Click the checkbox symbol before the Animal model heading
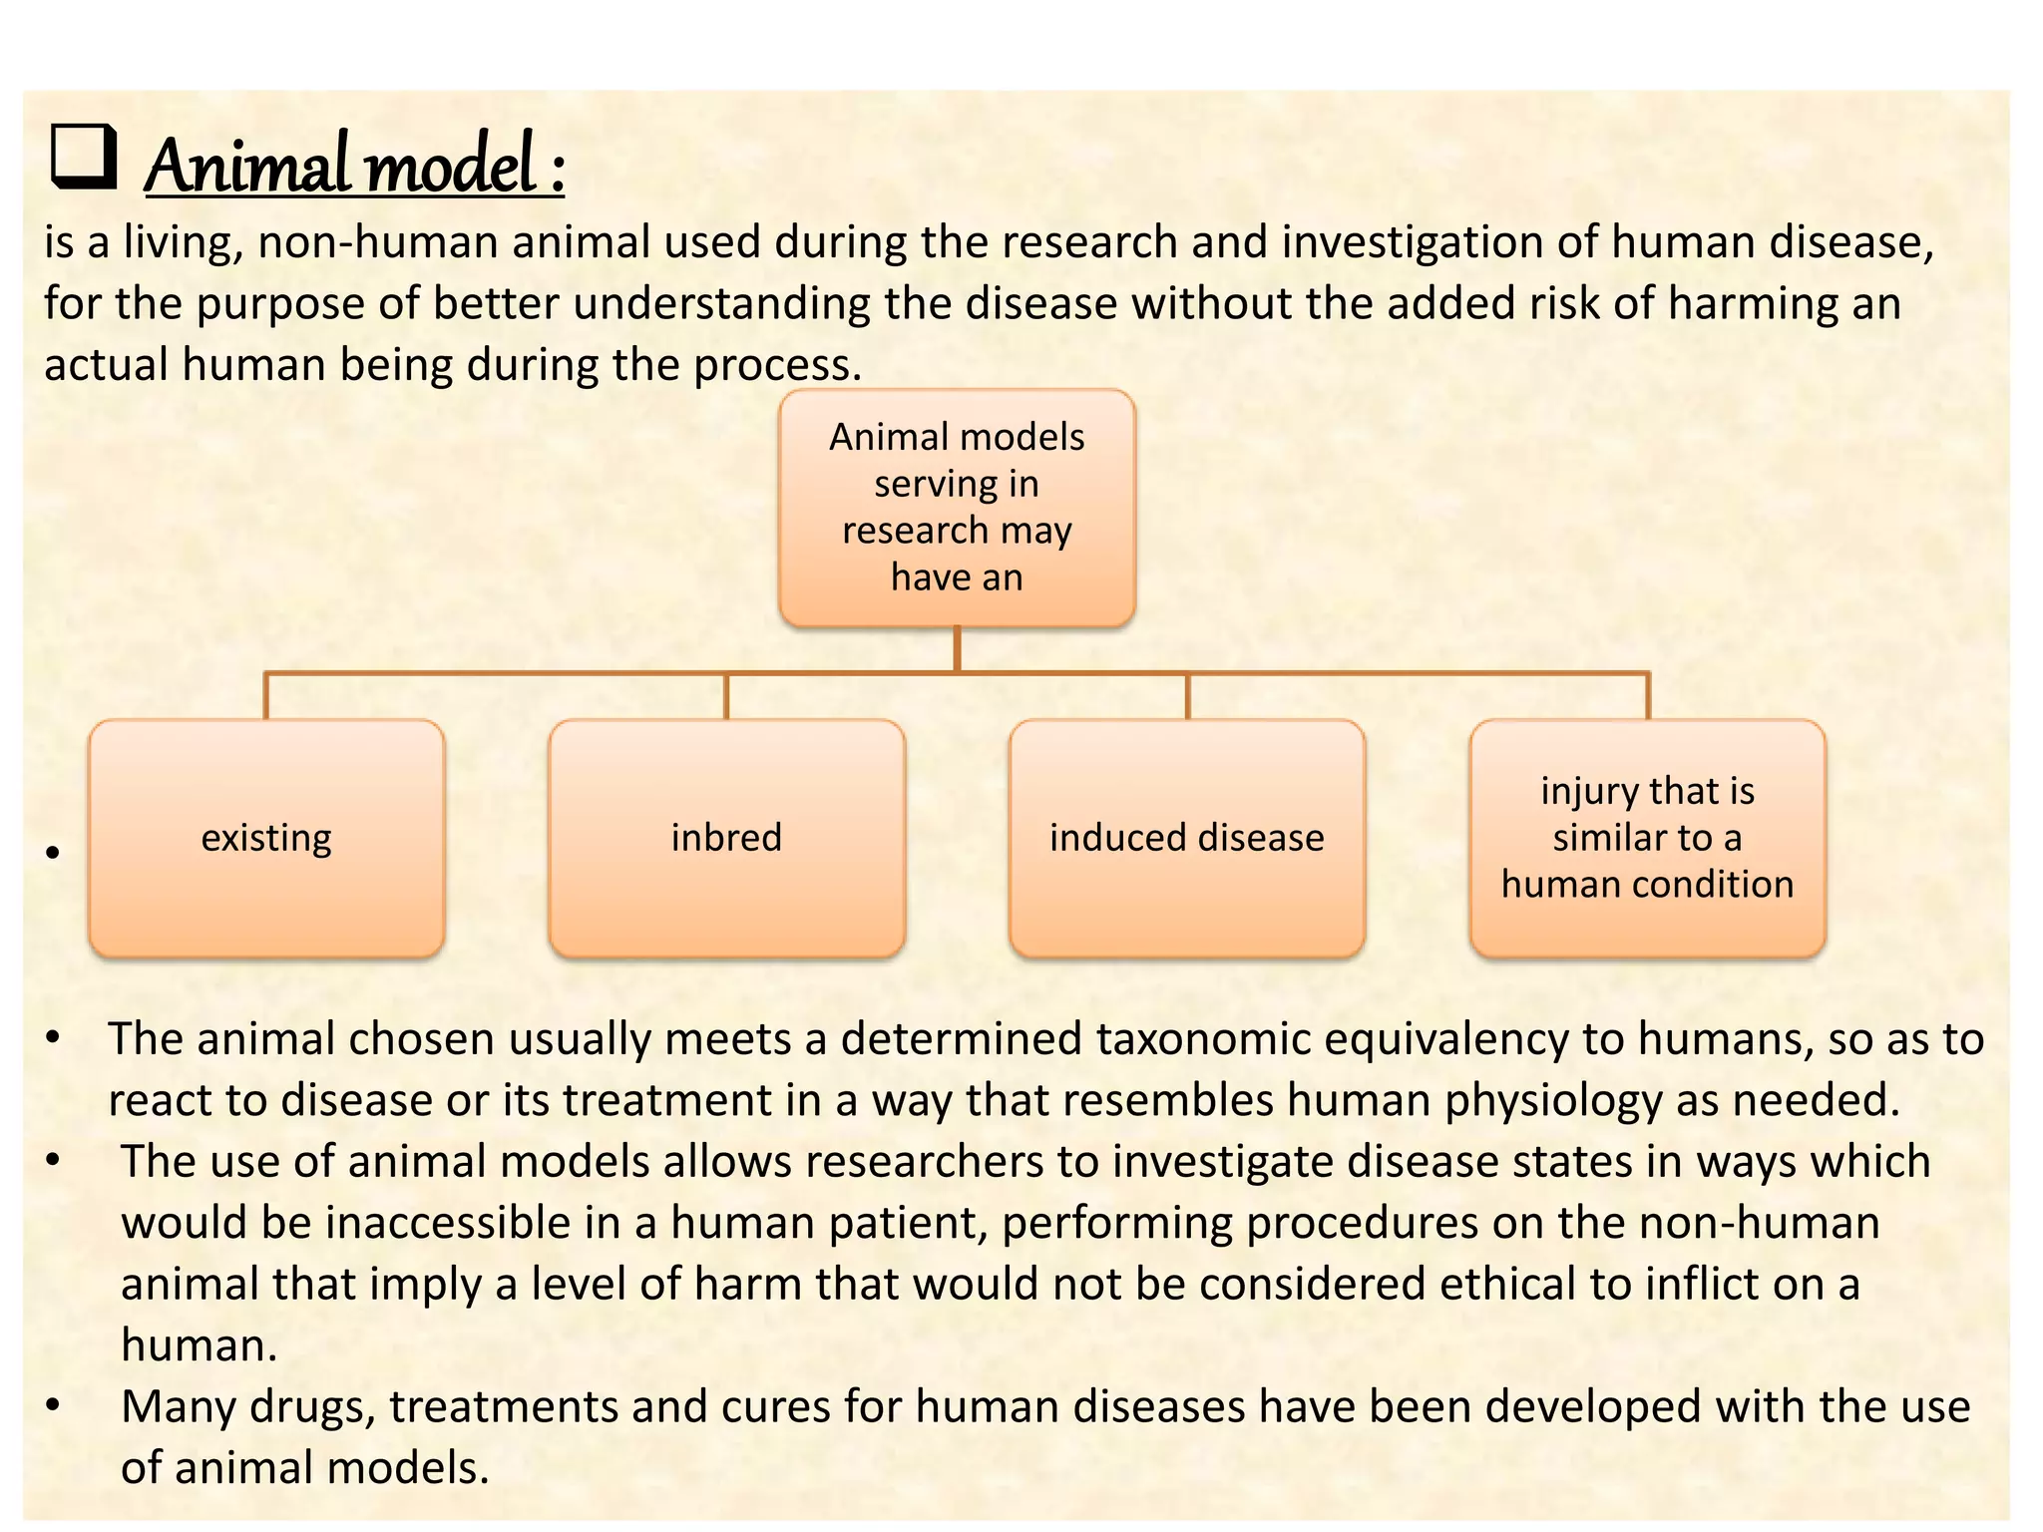pos(84,158)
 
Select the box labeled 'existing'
pos(266,838)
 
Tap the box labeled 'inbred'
pos(726,838)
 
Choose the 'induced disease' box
pos(1186,838)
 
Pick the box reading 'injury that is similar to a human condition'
pos(1647,838)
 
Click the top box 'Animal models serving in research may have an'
pos(957,508)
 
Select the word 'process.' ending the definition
pos(777,366)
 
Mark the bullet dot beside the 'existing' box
pos(53,853)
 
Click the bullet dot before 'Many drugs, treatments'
pos(53,1407)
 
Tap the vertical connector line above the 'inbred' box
pos(726,696)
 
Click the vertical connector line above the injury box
pos(1647,696)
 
